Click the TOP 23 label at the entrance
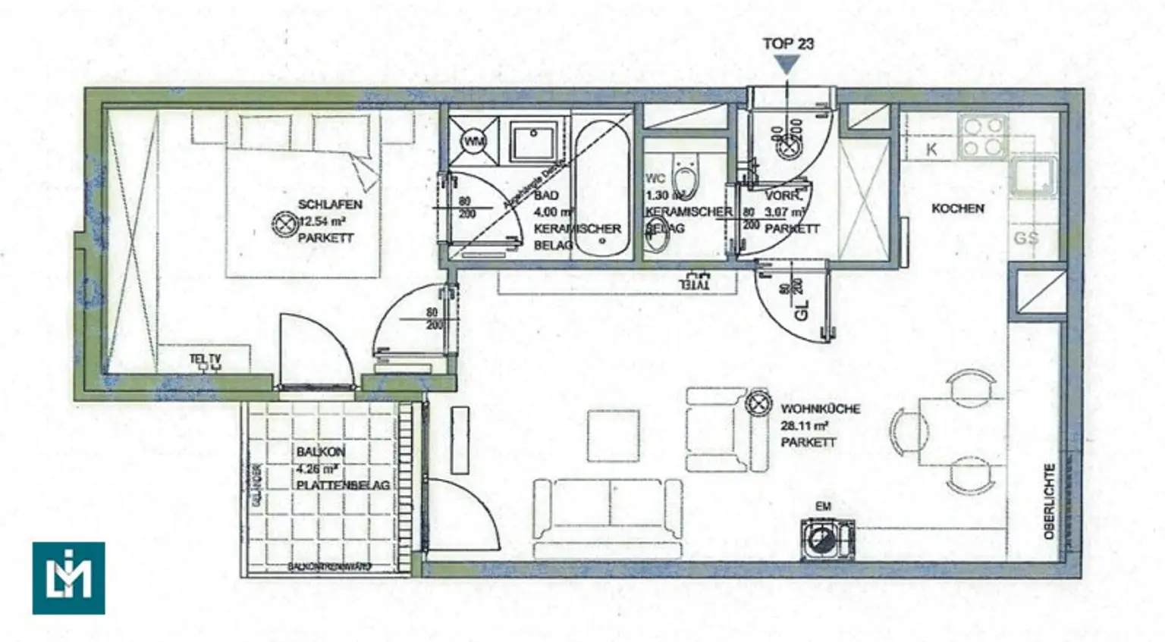click(x=788, y=44)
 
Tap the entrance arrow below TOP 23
click(x=788, y=67)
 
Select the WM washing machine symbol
click(x=473, y=142)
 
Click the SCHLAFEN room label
click(x=330, y=205)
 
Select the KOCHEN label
click(x=958, y=208)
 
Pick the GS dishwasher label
click(x=1025, y=238)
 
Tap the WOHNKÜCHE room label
click(x=821, y=409)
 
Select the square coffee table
click(x=613, y=435)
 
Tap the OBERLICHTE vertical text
click(x=1050, y=501)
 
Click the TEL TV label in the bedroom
click(x=206, y=359)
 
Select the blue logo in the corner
click(x=68, y=578)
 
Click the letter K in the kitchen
click(x=931, y=149)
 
